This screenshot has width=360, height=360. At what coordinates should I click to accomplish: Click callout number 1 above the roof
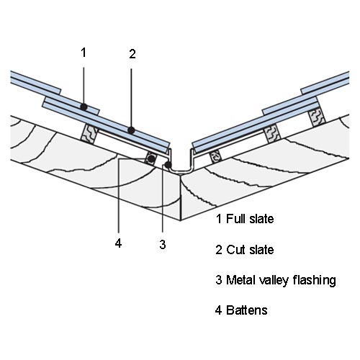click(84, 53)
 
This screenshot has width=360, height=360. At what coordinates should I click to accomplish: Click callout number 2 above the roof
click(132, 54)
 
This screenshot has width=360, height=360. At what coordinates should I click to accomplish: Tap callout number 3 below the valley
click(163, 244)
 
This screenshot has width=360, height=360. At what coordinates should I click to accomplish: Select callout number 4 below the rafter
click(118, 243)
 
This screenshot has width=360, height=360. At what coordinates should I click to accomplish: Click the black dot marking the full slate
click(84, 107)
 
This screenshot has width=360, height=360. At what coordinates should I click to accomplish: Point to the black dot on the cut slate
click(131, 130)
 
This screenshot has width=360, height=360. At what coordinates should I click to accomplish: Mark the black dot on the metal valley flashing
click(168, 165)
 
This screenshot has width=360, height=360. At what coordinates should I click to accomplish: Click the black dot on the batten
click(151, 158)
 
